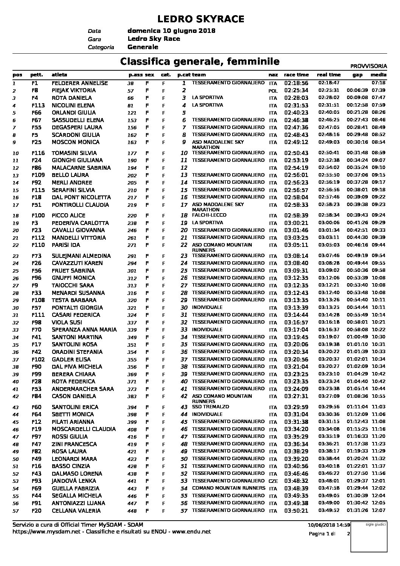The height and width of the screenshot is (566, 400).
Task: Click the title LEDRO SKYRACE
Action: point(200,19)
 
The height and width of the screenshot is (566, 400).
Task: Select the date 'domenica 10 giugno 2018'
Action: point(171,31)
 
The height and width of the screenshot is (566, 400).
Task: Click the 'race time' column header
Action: point(296,75)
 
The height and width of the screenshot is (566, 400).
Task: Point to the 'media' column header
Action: point(378,75)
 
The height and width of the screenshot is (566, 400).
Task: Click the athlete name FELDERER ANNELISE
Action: point(79,83)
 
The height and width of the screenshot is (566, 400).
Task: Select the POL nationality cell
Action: point(273,91)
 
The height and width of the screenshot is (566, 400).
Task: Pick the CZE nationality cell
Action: point(273,481)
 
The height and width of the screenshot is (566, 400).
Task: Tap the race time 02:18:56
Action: point(296,83)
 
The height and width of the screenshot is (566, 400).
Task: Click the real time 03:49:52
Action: point(329,510)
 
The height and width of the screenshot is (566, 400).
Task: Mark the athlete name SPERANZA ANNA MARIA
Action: point(84,330)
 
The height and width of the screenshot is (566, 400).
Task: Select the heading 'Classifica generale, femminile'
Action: point(200,61)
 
